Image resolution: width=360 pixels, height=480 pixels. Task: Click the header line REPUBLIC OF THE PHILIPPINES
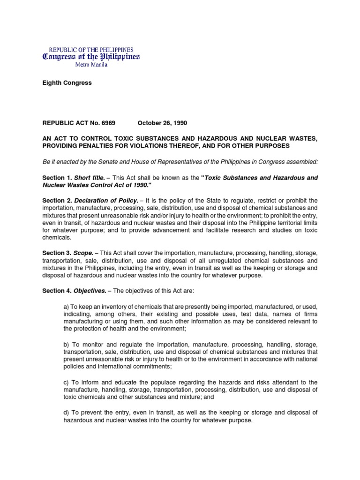point(91,50)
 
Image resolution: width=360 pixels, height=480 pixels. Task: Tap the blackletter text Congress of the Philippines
point(91,57)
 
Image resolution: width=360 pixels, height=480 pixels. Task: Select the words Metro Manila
point(91,65)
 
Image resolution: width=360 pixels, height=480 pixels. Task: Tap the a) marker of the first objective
point(66,306)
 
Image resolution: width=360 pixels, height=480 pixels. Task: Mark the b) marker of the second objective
point(66,344)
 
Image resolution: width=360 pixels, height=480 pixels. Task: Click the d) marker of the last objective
point(66,412)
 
